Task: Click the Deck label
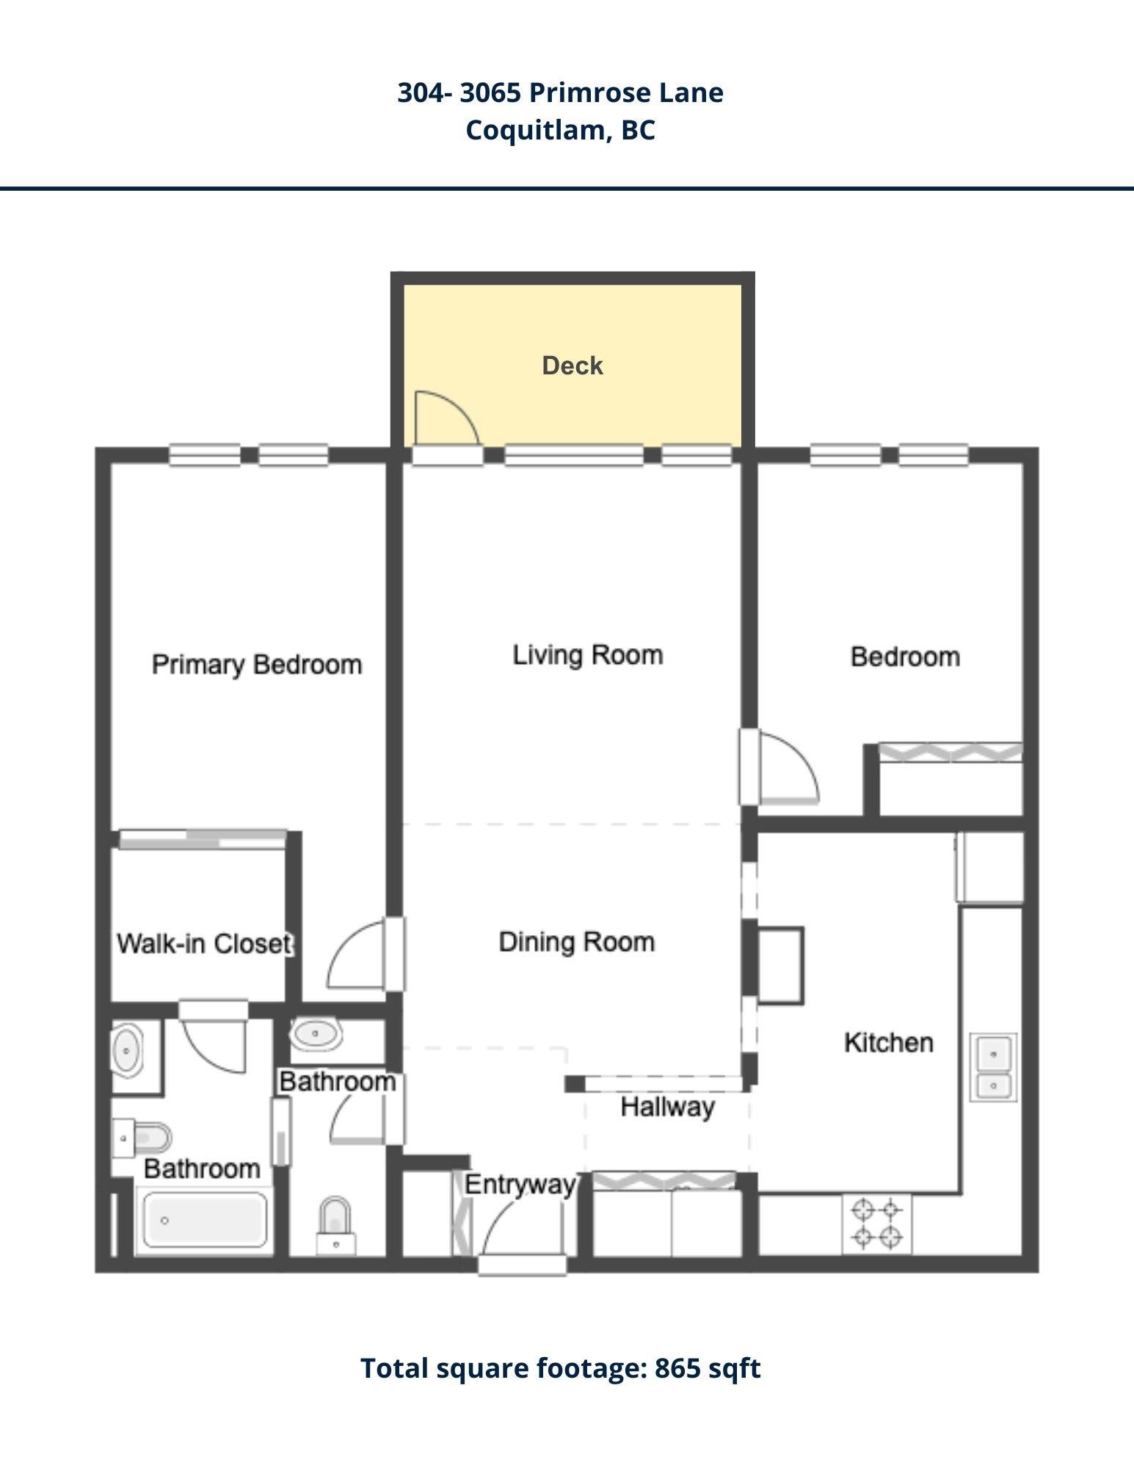pos(573,366)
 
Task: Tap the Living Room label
pos(587,655)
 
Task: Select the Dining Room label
pos(577,942)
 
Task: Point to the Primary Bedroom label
pos(257,665)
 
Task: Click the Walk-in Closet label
pos(205,943)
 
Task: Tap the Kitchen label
pos(889,1042)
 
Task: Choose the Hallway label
pos(667,1107)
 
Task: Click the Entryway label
pos(520,1185)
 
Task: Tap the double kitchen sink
pos(993,1067)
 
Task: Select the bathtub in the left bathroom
pos(206,1220)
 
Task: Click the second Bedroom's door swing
pos(789,767)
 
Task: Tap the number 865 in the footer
pos(677,1368)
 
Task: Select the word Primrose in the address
pos(589,92)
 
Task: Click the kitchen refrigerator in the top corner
pos(989,867)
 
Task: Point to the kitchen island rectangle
pos(780,965)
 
